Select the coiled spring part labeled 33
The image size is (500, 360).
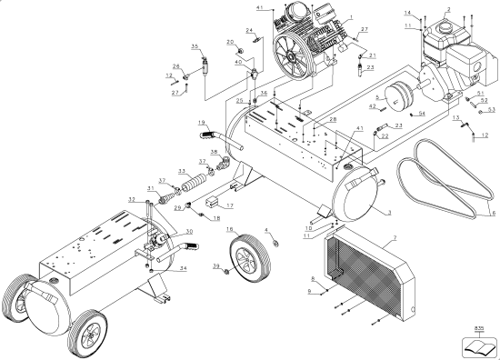click(x=192, y=184)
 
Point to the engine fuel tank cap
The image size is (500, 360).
click(x=444, y=26)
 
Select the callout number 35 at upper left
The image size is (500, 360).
click(x=195, y=46)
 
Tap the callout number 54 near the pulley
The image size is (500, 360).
click(x=421, y=114)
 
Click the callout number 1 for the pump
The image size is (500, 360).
click(x=351, y=19)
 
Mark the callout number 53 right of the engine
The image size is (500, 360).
click(x=491, y=109)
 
